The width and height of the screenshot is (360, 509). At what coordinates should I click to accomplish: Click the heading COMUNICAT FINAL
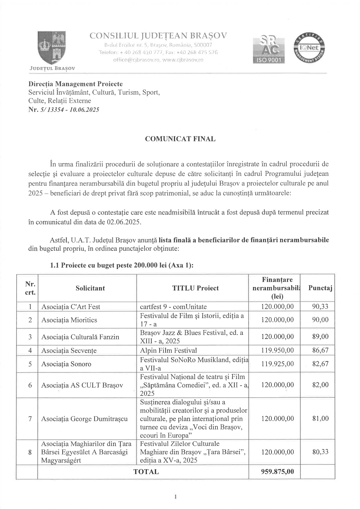point(180,139)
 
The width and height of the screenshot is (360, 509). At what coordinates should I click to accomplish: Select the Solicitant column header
point(90,288)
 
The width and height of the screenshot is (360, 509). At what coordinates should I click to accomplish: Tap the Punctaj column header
point(320,288)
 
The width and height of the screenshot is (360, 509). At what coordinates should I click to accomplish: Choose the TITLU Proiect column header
point(195,288)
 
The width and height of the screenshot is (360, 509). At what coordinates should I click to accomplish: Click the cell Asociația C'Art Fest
point(71,307)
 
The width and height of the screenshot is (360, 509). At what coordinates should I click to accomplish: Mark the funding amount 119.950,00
point(277,351)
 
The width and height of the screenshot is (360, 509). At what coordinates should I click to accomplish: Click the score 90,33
point(320,306)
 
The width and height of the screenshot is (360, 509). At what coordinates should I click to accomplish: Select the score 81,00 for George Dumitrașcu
point(320,418)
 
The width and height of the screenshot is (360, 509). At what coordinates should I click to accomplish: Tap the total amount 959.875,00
point(277,472)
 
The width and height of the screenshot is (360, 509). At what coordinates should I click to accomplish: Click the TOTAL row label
point(146,472)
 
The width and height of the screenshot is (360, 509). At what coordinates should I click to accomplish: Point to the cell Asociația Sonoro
point(66,364)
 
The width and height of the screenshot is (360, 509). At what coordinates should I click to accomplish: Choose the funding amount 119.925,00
point(277,364)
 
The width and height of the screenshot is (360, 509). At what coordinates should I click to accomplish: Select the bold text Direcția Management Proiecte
point(75,84)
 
